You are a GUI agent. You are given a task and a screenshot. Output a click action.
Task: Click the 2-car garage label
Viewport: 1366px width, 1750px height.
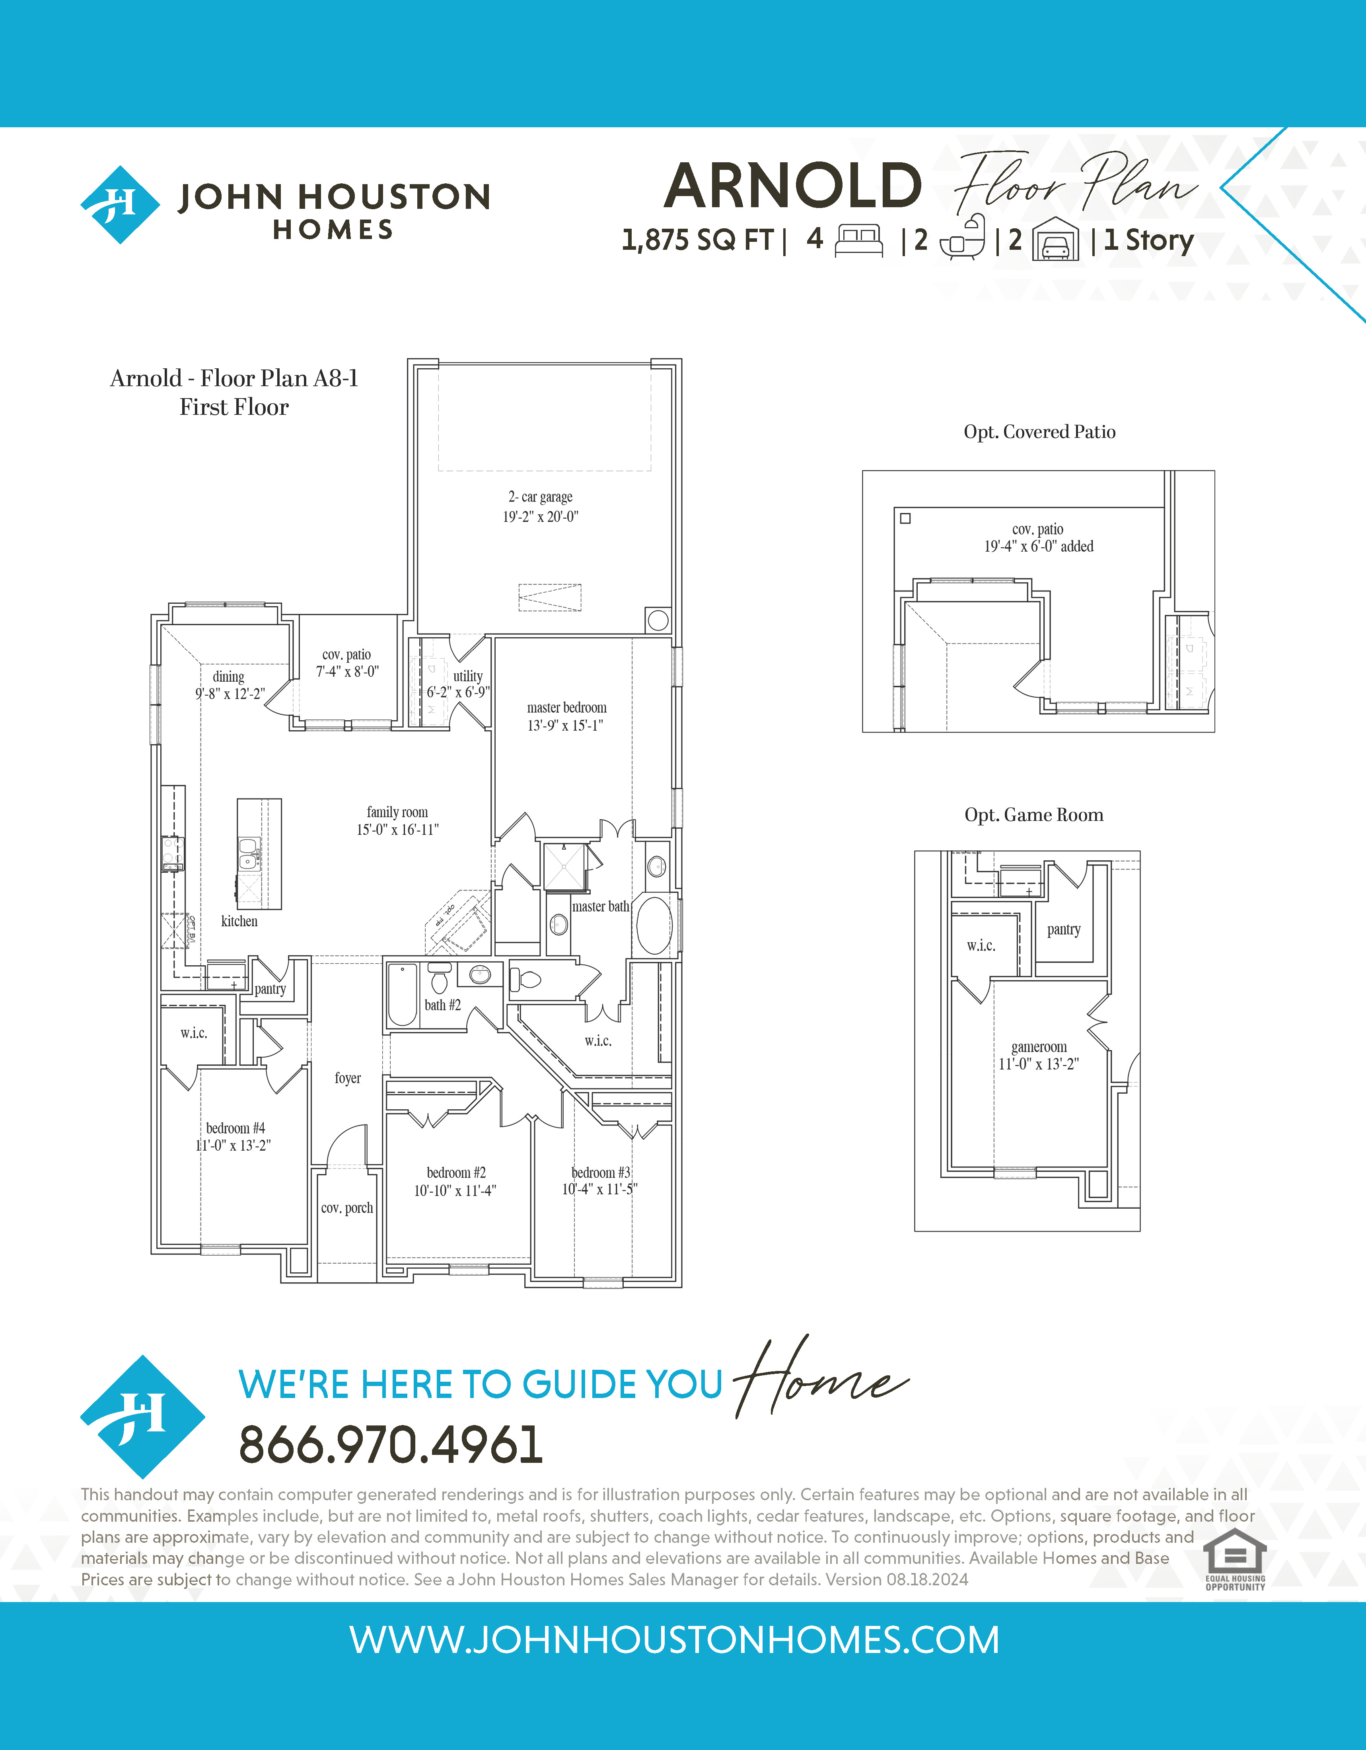(x=541, y=497)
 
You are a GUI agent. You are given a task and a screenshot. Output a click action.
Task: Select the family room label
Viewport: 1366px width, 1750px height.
(x=397, y=812)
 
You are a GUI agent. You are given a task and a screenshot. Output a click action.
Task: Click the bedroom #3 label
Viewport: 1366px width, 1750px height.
(x=601, y=1172)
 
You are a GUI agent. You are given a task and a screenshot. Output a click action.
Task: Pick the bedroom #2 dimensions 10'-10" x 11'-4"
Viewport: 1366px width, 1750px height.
(x=455, y=1191)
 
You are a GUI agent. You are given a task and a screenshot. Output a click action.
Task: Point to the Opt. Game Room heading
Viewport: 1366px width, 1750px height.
(x=1033, y=815)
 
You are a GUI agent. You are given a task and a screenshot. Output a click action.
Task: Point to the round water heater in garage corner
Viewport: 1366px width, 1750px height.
(x=658, y=619)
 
